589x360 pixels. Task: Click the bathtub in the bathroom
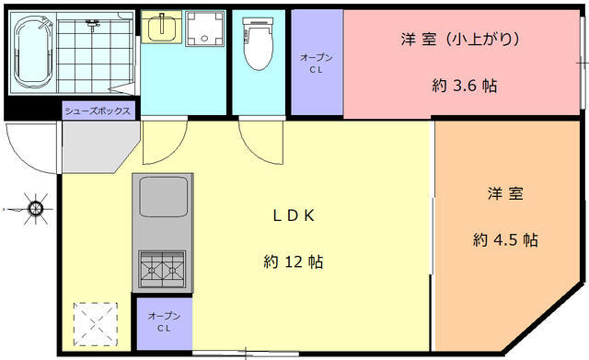click(x=32, y=52)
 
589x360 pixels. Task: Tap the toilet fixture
click(x=258, y=43)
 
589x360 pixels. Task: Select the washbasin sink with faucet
click(x=162, y=27)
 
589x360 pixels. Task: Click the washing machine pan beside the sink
click(x=204, y=29)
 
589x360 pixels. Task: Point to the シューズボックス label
click(x=98, y=110)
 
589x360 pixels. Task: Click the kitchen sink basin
click(x=163, y=196)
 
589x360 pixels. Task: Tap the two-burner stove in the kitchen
click(x=162, y=269)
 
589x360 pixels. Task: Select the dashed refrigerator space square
click(x=96, y=324)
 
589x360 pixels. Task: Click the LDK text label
click(x=294, y=215)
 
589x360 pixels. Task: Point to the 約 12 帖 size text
click(x=294, y=261)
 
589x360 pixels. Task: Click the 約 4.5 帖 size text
click(x=505, y=239)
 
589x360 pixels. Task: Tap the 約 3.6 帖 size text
click(x=465, y=86)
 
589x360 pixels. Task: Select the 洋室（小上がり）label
click(x=460, y=39)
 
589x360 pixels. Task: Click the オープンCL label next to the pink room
click(x=317, y=64)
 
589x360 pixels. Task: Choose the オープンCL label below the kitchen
click(x=164, y=322)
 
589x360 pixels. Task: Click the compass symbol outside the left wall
click(x=35, y=209)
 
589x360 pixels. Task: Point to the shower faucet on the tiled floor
click(x=92, y=25)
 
